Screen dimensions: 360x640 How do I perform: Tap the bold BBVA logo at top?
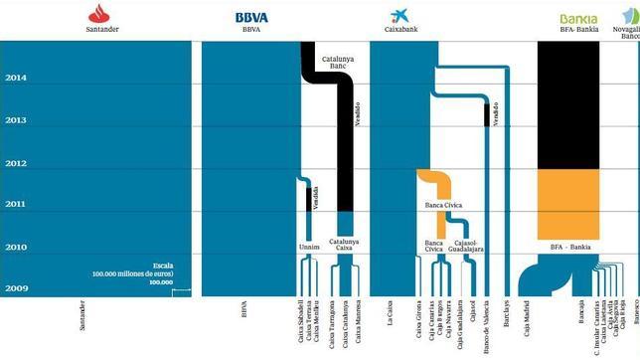[251, 17]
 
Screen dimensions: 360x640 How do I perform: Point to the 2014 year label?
[16, 78]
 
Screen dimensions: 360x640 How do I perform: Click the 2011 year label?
[16, 204]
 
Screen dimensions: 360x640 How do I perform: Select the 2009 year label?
[16, 289]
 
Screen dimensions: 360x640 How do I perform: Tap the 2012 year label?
[16, 163]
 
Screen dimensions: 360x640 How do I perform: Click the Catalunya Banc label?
[341, 63]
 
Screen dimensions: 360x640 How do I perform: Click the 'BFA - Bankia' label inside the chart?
[569, 246]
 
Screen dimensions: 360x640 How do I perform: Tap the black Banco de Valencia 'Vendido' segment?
[487, 112]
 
